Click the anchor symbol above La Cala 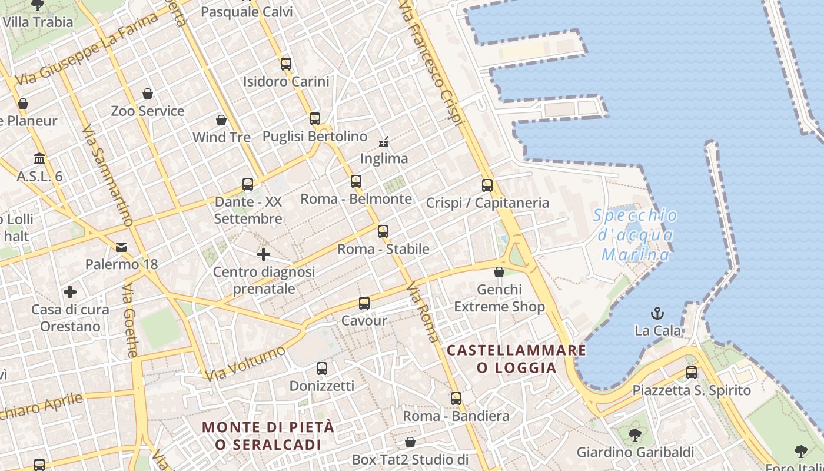pos(657,313)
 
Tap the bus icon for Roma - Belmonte pos(356,181)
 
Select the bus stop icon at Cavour pos(364,303)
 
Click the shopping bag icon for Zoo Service pos(148,94)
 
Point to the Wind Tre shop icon pos(221,120)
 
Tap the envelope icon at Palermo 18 pos(121,247)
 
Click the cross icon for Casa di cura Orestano pos(70,292)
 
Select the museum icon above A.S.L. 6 pos(39,159)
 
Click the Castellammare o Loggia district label pos(516,359)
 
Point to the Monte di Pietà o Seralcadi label pos(268,436)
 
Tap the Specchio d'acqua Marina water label pos(636,235)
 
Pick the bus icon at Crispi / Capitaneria pos(487,185)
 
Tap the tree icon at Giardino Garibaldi pos(634,436)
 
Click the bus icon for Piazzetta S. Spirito pos(692,373)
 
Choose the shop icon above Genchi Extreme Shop pos(499,272)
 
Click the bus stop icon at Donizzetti pos(322,369)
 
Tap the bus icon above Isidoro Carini pos(286,64)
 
